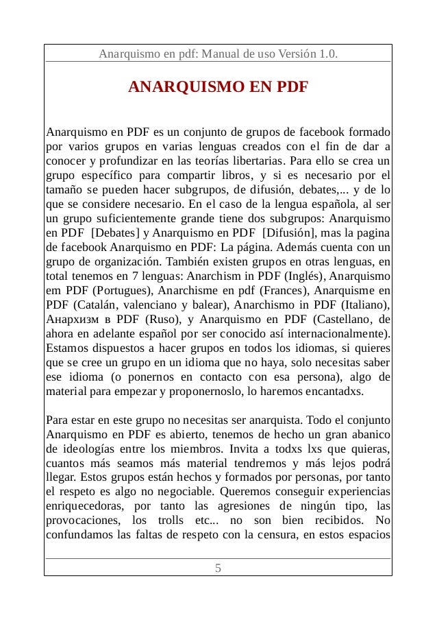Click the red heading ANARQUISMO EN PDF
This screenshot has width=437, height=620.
pyautogui.click(x=218, y=88)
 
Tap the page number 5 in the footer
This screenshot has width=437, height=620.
pyautogui.click(x=218, y=568)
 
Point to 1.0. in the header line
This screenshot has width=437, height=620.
pyautogui.click(x=328, y=53)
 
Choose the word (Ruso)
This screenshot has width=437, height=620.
pyautogui.click(x=164, y=319)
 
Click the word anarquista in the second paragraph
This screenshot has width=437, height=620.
pyautogui.click(x=274, y=420)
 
